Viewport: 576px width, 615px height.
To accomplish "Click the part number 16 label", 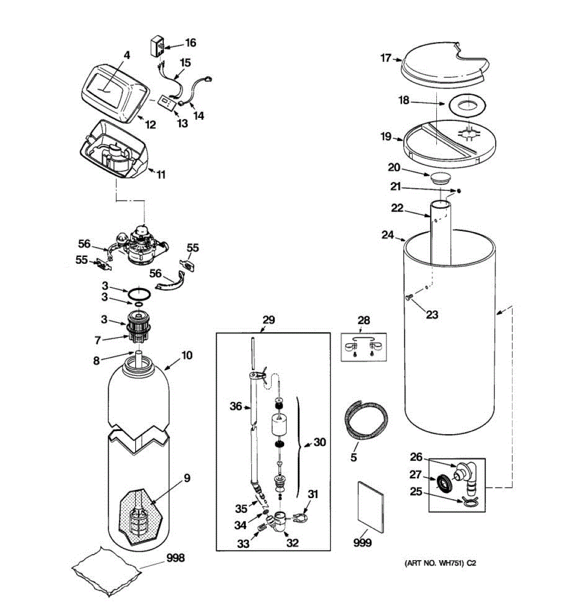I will point(190,43).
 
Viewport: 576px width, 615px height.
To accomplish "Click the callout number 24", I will point(387,235).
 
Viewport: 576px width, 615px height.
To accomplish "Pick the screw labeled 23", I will point(408,297).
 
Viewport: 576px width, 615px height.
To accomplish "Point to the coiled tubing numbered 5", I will point(367,419).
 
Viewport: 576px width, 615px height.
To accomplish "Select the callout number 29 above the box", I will point(268,320).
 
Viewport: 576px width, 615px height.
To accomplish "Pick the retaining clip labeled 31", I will point(301,519).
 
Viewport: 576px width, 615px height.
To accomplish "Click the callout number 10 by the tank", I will point(187,355).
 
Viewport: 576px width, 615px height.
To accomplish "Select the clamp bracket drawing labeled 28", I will point(363,346).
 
